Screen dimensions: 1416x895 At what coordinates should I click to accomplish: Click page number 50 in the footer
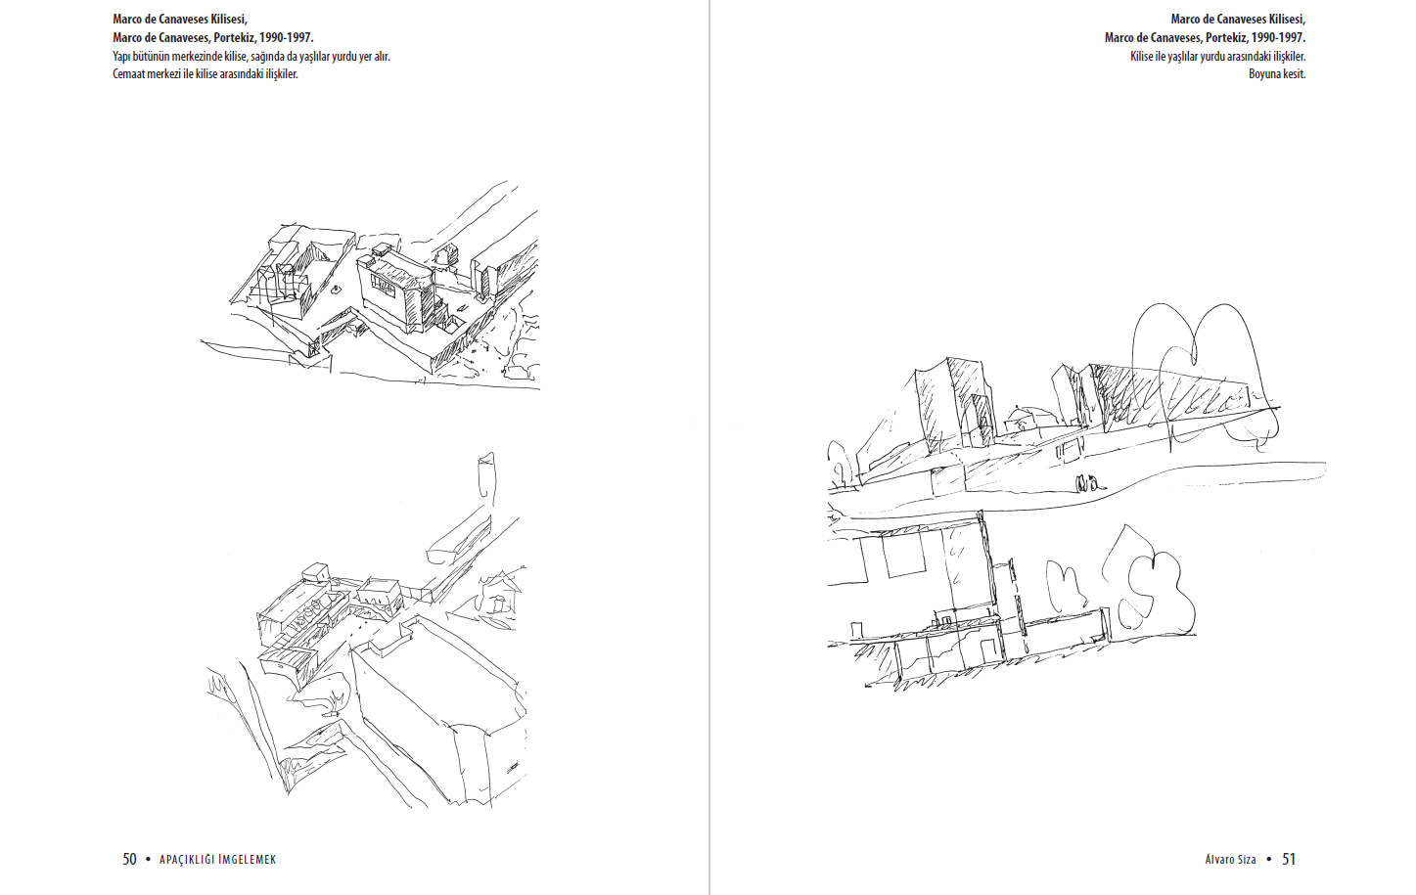129,859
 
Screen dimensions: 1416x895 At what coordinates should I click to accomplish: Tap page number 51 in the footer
1289,859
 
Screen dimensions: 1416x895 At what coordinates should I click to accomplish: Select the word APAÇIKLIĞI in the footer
187,860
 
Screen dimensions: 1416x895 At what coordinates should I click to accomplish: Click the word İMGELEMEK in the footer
248,860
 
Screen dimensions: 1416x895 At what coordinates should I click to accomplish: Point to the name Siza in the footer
1246,860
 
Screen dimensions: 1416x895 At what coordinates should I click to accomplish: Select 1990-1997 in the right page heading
1285,38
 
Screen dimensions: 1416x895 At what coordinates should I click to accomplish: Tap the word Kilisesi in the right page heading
1283,20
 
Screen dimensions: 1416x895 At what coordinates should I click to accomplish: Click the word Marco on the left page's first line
128,20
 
